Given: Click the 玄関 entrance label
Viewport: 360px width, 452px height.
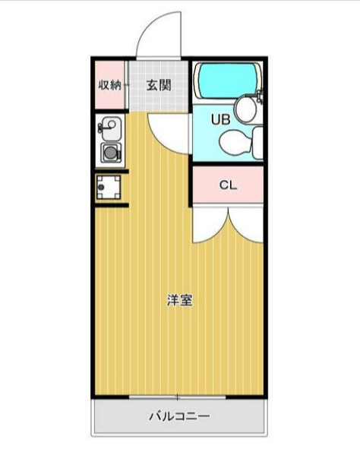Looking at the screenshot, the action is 159,85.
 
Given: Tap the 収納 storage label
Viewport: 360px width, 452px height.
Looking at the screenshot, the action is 109,85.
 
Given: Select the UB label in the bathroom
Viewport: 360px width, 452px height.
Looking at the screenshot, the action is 220,119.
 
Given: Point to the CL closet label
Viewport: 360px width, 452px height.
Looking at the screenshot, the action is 228,185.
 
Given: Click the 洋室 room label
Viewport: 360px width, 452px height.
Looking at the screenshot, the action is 180,300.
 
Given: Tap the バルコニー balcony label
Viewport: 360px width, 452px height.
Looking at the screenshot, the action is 179,416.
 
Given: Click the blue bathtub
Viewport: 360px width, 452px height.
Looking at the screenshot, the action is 228,81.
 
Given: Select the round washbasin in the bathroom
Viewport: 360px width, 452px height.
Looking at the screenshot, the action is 245,109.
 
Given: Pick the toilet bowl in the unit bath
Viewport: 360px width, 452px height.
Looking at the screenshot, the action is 234,142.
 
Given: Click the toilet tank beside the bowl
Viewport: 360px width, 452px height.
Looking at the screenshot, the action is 257,142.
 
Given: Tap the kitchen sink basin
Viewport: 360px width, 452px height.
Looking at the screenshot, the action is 112,128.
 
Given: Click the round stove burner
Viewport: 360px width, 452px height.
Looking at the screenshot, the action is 110,153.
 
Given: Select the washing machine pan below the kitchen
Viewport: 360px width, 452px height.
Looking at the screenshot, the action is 109,188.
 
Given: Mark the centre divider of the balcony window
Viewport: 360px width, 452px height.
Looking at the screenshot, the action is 177,397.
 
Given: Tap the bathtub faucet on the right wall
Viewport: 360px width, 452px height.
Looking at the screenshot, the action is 260,96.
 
